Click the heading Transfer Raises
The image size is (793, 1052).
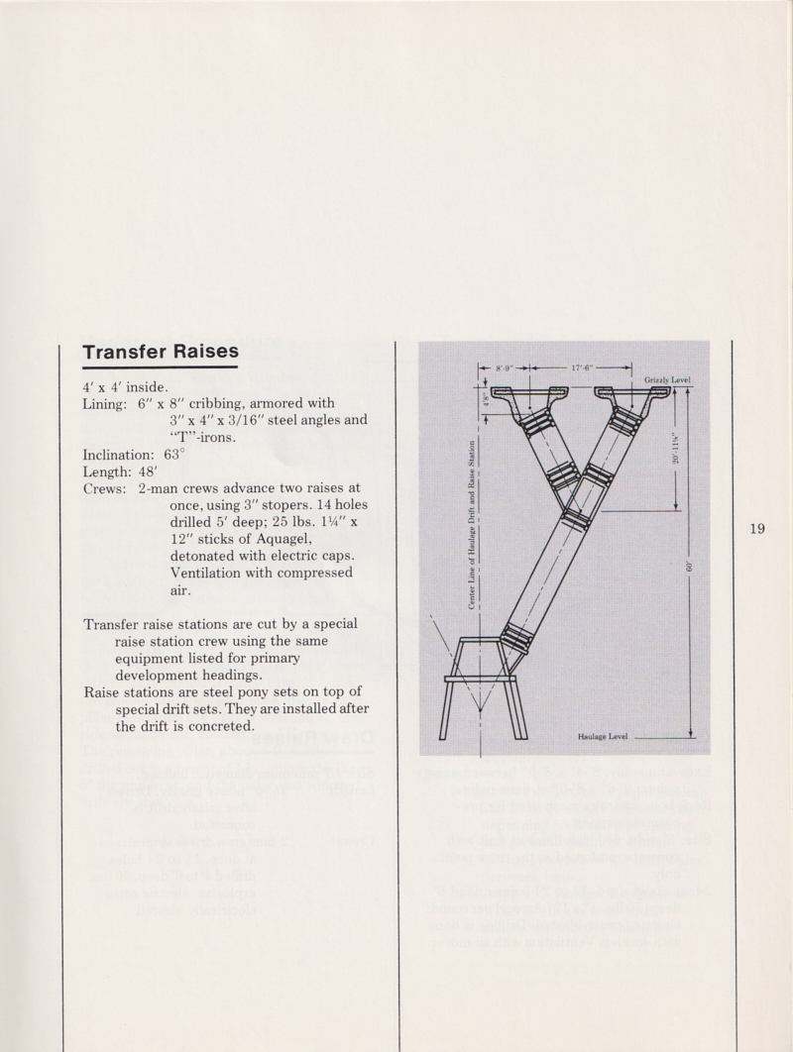(x=161, y=353)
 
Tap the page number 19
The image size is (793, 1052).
(x=757, y=528)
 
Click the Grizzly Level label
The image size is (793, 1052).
(x=667, y=379)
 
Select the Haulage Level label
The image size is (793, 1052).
(x=603, y=736)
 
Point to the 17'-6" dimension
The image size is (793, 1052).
(x=582, y=368)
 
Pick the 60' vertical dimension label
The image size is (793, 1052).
(x=690, y=567)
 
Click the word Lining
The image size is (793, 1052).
(x=105, y=403)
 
